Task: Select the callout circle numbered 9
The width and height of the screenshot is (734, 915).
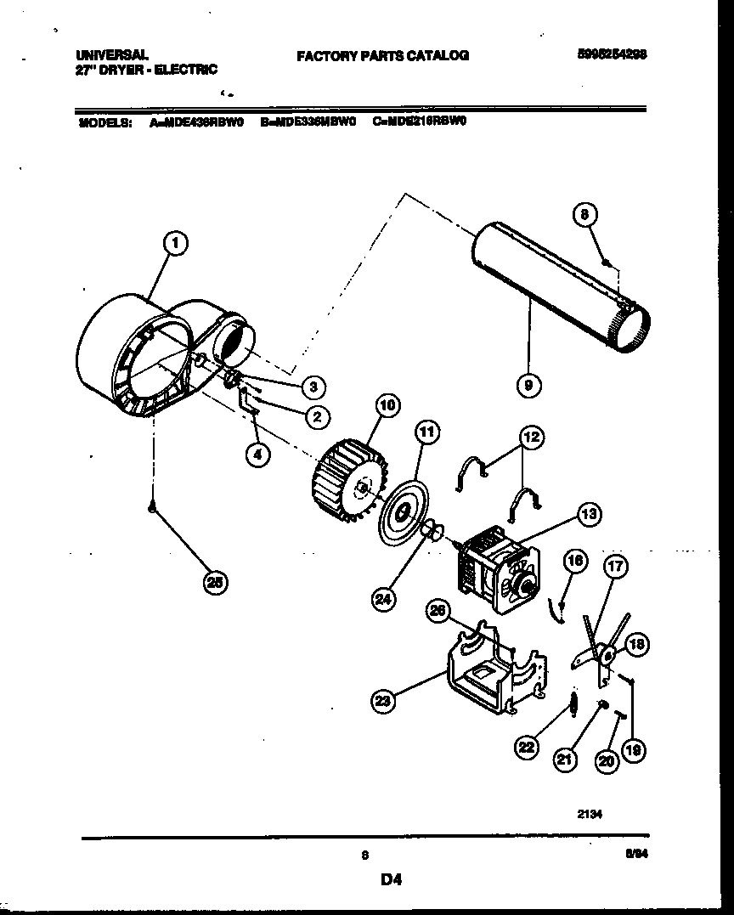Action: click(528, 387)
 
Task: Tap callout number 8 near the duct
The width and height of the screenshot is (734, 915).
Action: click(584, 216)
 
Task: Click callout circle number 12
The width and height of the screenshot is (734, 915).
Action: click(531, 438)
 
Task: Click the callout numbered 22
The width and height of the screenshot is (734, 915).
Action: click(528, 747)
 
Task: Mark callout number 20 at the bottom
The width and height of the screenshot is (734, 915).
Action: click(606, 762)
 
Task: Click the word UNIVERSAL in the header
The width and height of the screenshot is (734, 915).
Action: click(111, 54)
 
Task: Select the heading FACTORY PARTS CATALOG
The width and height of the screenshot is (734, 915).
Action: click(382, 56)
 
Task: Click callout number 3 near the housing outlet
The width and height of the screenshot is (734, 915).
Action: click(313, 387)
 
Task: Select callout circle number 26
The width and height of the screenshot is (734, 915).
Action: click(438, 610)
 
